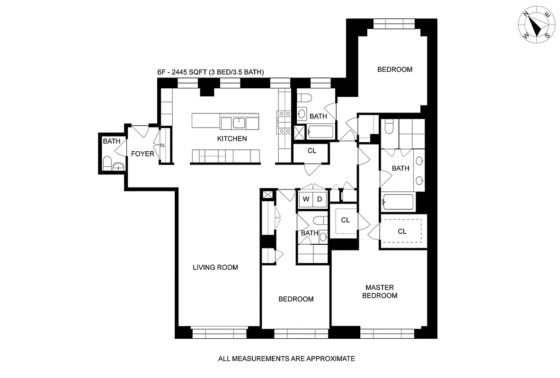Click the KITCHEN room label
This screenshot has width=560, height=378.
231,139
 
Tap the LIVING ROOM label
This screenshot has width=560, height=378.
215,267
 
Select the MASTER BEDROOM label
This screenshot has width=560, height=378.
380,292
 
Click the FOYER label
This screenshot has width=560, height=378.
142,154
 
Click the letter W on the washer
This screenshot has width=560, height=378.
306,199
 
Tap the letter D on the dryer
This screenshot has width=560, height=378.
320,199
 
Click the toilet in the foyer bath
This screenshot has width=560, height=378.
107,163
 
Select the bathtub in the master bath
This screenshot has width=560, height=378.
398,203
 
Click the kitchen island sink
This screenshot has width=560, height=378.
239,123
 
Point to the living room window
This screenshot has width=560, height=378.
219,333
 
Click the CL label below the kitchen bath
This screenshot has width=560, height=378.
311,151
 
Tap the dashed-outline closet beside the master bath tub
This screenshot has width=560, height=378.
402,232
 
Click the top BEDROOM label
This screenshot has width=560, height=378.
394,69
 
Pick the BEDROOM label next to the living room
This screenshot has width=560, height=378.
295,299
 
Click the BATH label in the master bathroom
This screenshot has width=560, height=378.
400,168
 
